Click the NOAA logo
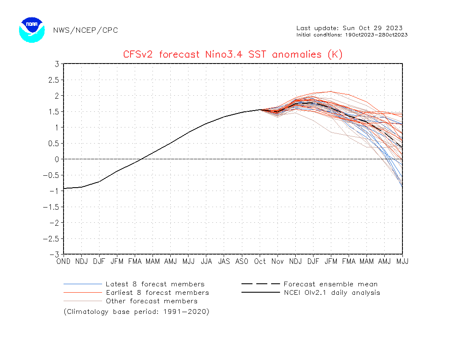32,30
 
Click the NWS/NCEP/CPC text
86,30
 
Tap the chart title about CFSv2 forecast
233,54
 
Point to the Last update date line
349,28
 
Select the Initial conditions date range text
352,35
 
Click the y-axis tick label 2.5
54,80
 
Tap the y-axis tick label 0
56,159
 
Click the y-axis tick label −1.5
52,207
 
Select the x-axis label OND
64,262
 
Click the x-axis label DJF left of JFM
99,262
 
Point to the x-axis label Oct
260,262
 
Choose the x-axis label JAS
224,262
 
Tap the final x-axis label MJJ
402,262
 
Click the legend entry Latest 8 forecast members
155,284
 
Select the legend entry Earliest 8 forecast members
157,293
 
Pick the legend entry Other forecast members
151,301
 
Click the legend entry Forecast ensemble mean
330,284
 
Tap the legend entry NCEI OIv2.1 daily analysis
332,293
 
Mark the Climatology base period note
136,312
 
